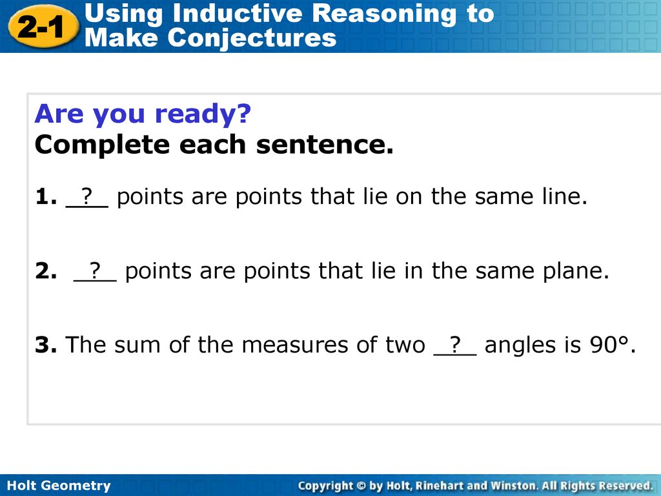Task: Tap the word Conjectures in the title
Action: pyautogui.click(x=252, y=38)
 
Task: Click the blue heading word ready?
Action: pyautogui.click(x=203, y=115)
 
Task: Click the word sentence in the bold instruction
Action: pyautogui.click(x=325, y=145)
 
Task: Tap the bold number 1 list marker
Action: pyautogui.click(x=46, y=196)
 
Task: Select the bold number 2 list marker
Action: pyautogui.click(x=46, y=271)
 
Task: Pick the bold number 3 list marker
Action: pyautogui.click(x=46, y=345)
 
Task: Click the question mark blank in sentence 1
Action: pyautogui.click(x=87, y=197)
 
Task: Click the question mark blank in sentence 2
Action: pyautogui.click(x=95, y=271)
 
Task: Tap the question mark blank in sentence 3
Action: pyautogui.click(x=455, y=345)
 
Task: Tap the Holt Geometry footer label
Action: pyautogui.click(x=59, y=486)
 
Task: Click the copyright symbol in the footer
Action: pyautogui.click(x=361, y=486)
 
